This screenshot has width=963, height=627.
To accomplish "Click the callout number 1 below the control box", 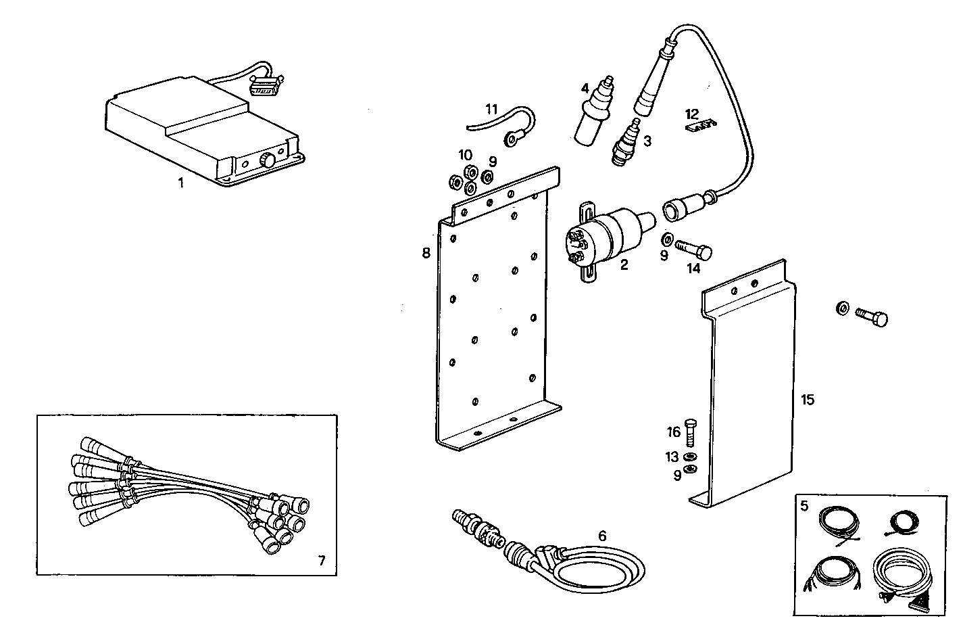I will [x=180, y=183].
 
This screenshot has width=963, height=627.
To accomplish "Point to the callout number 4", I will [x=585, y=88].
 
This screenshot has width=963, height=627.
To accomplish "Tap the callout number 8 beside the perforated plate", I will [x=426, y=253].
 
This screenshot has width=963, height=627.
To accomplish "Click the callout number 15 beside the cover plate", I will [x=808, y=400].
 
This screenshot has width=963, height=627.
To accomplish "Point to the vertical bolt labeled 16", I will [x=690, y=432].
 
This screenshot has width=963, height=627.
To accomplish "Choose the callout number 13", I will [x=672, y=457].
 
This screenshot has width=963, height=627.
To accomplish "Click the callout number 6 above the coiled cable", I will [x=601, y=536].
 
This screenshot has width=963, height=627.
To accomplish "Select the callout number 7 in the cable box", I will [x=321, y=560].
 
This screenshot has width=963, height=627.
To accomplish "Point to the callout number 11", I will [x=491, y=108].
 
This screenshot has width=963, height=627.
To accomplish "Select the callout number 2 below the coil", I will [x=624, y=264].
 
